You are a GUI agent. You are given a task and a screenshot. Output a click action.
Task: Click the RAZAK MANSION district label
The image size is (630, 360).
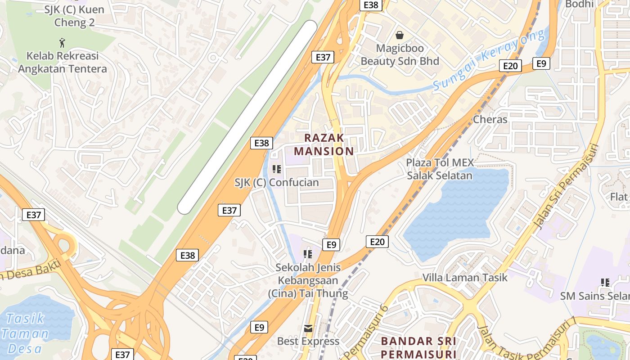click(x=324, y=144)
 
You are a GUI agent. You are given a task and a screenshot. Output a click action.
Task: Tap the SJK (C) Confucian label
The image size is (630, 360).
click(x=276, y=183)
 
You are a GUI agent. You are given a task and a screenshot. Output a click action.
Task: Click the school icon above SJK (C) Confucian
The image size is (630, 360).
click(x=276, y=169)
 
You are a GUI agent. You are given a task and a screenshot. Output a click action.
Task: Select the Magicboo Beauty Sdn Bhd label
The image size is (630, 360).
click(x=400, y=54)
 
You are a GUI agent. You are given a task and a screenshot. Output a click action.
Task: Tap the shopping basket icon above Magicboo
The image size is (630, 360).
click(x=399, y=35)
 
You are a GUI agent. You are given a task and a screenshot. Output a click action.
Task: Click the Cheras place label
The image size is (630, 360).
click(x=490, y=120)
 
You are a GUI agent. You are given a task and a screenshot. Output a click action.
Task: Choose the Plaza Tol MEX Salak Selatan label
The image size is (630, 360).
click(x=440, y=169)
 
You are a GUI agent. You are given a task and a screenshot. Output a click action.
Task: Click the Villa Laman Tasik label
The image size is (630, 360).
click(x=464, y=278)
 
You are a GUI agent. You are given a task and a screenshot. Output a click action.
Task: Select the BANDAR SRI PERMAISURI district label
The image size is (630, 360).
click(x=418, y=347)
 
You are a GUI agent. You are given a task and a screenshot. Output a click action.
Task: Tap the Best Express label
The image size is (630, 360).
click(x=308, y=341)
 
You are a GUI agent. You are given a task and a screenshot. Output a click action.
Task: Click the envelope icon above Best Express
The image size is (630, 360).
click(x=308, y=328)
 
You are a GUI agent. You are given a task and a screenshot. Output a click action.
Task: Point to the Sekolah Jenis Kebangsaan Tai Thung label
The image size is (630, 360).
click(x=308, y=280)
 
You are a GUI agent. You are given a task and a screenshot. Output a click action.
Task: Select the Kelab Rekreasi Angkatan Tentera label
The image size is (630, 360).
click(x=62, y=63)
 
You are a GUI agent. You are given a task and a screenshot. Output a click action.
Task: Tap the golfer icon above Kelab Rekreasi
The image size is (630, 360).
click(x=62, y=43)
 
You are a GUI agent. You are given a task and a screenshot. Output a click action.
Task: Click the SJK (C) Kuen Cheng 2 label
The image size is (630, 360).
click(x=74, y=16)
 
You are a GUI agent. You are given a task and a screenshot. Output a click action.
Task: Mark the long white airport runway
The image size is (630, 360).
click(x=247, y=117)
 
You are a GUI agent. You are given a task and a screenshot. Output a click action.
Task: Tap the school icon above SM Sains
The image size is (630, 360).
click(x=605, y=283)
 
